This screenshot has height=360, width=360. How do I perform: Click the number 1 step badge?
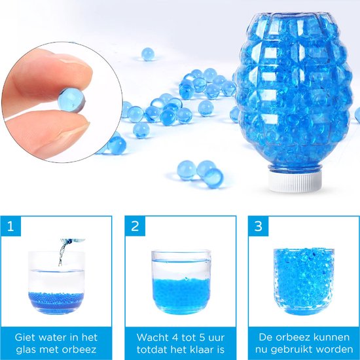coord(10,226)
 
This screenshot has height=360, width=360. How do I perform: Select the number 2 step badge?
coord(135,226)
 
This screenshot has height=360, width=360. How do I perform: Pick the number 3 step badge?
coord(259,226)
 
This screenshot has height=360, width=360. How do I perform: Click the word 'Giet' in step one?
coord(25,338)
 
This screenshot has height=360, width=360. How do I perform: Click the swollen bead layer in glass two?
coord(181,293)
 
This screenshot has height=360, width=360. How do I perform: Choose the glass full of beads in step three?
coord(304,282)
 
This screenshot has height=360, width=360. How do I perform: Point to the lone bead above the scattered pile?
coord(148,54)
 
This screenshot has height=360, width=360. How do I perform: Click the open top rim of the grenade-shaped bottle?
coord(291,16)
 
